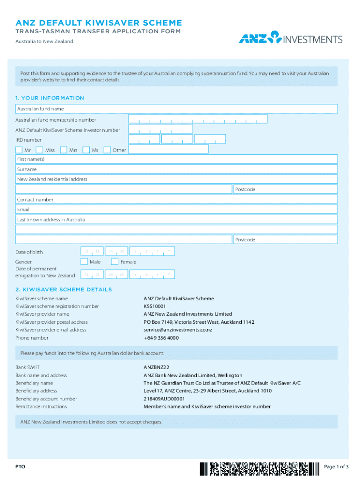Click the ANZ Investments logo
290,37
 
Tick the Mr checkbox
19,150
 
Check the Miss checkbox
39,150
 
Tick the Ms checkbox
86,150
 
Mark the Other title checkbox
107,150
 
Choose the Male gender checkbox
84,261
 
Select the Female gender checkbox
115,261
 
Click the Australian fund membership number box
198,119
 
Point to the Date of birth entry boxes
128,252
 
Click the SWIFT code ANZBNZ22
156,368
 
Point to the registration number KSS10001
155,306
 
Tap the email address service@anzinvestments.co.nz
178,330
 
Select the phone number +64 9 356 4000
161,338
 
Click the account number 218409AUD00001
164,399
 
